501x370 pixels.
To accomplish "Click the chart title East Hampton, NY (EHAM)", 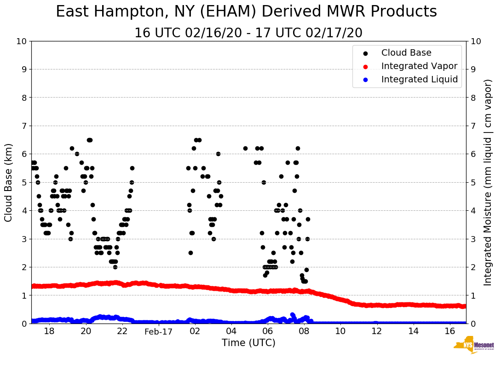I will point(246,12).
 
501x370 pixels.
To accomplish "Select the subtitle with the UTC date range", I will point(248,33).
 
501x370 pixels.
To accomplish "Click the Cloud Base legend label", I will point(406,53).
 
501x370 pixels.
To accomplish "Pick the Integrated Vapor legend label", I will point(419,66).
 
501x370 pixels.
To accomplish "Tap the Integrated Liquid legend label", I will point(420,80).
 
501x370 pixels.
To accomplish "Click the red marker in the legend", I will point(365,66).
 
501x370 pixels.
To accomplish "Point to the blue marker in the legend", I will point(365,80).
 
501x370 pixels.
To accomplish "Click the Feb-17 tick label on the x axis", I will point(158,331).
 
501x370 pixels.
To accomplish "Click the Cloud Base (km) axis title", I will point(9,182).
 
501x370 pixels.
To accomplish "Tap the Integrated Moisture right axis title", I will point(488,182).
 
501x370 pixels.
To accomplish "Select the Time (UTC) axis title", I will point(248,343).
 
